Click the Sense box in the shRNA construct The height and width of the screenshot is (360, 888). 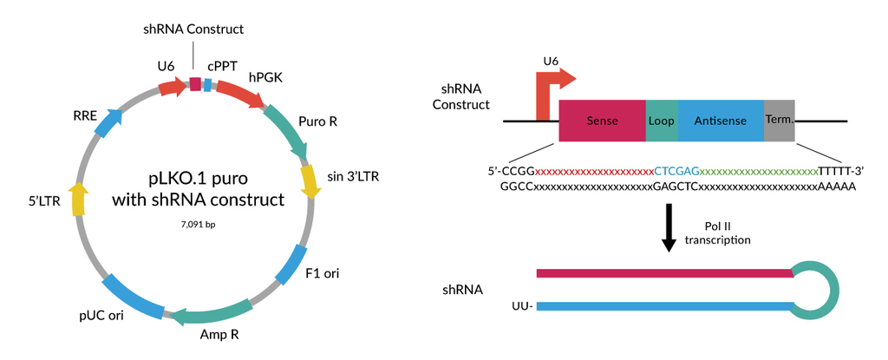pyautogui.click(x=602, y=121)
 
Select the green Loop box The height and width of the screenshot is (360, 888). pyautogui.click(x=661, y=121)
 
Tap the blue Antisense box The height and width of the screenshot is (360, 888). pyautogui.click(x=720, y=121)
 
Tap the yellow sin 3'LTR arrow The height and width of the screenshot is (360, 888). pyautogui.click(x=309, y=180)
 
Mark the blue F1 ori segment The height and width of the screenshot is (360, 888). pyautogui.click(x=292, y=265)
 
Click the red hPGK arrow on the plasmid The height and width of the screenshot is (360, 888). pyautogui.click(x=238, y=94)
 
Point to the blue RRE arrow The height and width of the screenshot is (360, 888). pyautogui.click(x=108, y=124)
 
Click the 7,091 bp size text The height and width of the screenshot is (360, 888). pyautogui.click(x=199, y=225)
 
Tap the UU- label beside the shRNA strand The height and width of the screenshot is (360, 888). pyautogui.click(x=521, y=306)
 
